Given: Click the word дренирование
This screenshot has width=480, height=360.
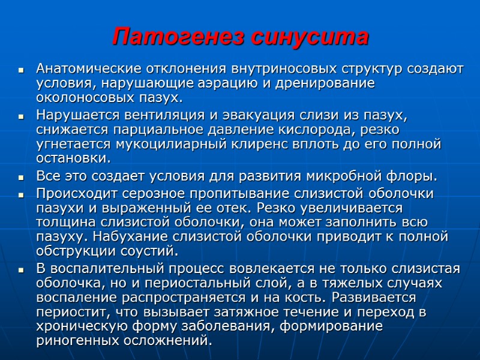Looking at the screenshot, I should point(325,83).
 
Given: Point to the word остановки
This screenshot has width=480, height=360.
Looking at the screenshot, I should point(73,159).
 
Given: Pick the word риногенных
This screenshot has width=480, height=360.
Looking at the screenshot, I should point(78,341).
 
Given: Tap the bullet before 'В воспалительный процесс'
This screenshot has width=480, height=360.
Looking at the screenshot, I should point(21,269).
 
